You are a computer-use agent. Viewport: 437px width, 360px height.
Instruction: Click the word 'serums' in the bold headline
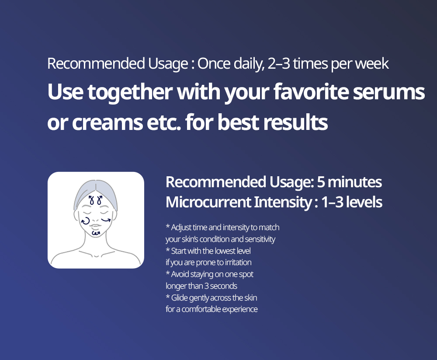pyautogui.click(x=389, y=92)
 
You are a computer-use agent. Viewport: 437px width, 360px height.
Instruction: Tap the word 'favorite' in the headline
pyautogui.click(x=311, y=91)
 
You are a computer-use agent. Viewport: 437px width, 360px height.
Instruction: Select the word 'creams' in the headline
pyautogui.click(x=108, y=123)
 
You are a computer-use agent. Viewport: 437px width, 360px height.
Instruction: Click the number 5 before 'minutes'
pyautogui.click(x=321, y=182)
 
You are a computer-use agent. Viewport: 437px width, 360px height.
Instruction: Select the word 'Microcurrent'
pyautogui.click(x=208, y=202)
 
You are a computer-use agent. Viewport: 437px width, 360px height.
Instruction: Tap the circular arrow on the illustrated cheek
pyautogui.click(x=85, y=220)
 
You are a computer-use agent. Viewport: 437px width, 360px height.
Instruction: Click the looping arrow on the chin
pyautogui.click(x=96, y=232)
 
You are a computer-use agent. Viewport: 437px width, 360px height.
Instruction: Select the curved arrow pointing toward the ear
pyautogui.click(x=106, y=220)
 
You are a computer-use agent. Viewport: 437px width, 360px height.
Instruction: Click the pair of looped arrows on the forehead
pyautogui.click(x=95, y=200)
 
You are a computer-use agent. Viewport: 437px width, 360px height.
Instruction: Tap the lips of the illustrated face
pyautogui.click(x=95, y=226)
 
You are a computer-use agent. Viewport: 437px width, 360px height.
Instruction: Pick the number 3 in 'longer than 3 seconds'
pyautogui.click(x=207, y=286)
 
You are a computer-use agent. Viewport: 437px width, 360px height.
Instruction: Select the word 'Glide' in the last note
pyautogui.click(x=180, y=298)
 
